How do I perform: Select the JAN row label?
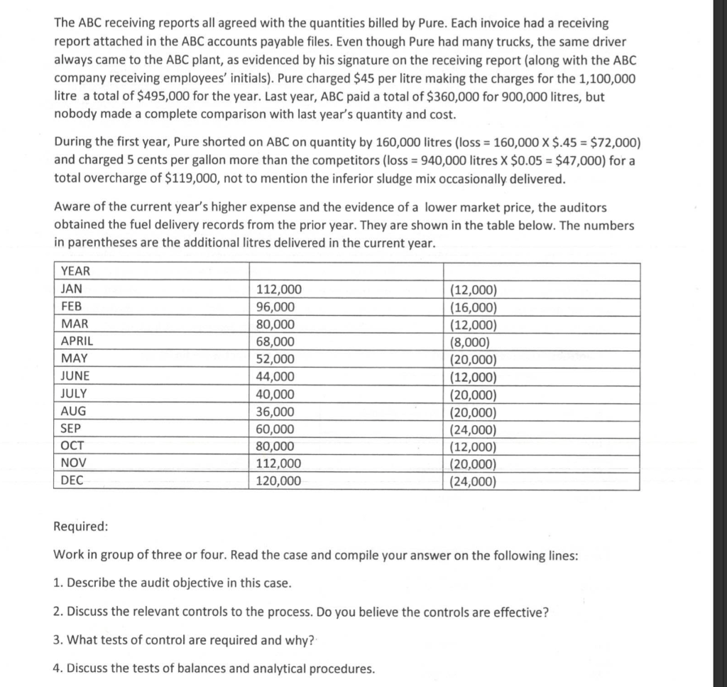[x=72, y=289]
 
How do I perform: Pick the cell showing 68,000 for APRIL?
[x=275, y=341]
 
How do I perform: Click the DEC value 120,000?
[x=278, y=481]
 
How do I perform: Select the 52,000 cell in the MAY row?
[x=275, y=359]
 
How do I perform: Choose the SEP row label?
[x=71, y=429]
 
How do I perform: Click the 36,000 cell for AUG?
[x=275, y=412]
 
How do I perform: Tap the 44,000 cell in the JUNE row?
[x=275, y=377]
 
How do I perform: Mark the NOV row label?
[x=73, y=463]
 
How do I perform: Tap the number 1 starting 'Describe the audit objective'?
[x=58, y=583]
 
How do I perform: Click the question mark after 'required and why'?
[x=312, y=640]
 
